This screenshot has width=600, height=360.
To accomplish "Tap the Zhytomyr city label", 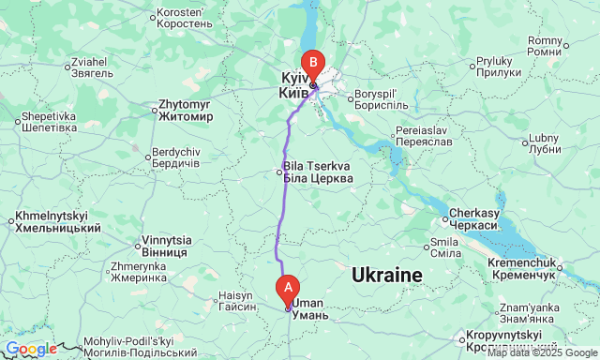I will [187, 111].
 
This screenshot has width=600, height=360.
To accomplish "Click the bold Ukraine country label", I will [387, 275].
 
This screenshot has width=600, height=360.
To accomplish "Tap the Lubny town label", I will [545, 142].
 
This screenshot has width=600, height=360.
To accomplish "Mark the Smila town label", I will [444, 247].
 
